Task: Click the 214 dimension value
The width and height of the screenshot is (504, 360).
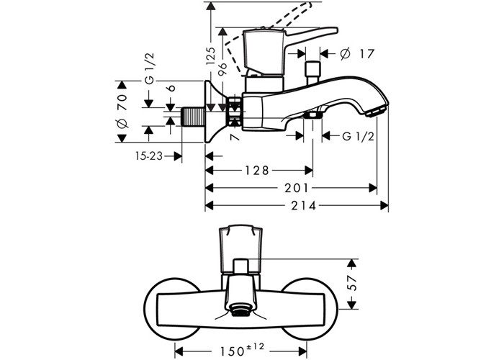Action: [x=297, y=205]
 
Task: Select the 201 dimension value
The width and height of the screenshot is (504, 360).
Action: [x=297, y=188]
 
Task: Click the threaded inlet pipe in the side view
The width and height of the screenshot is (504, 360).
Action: [x=192, y=115]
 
